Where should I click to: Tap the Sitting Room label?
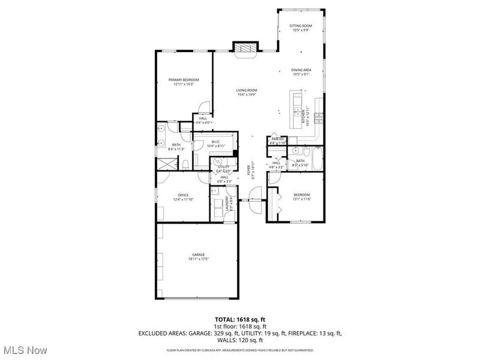(301, 28)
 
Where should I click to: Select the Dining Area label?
(301, 72)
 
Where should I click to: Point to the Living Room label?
(246, 92)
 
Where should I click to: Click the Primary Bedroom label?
(184, 82)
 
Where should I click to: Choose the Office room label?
(184, 197)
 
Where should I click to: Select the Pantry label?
(278, 140)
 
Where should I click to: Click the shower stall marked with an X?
(164, 161)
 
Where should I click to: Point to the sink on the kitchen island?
(297, 111)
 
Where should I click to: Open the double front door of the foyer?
(254, 200)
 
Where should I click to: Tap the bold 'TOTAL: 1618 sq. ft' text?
(240, 319)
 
